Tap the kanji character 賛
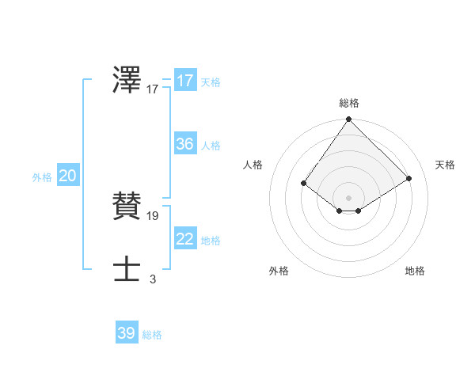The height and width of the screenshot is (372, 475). tap(127, 206)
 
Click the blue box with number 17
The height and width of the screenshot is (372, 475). tap(185, 81)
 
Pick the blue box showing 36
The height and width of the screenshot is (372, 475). tap(185, 144)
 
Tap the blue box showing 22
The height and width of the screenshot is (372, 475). tap(185, 239)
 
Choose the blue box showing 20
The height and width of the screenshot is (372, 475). tap(67, 176)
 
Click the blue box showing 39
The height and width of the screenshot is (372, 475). tap(127, 333)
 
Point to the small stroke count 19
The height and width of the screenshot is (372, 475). tap(153, 215)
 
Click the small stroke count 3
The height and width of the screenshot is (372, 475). tap(153, 279)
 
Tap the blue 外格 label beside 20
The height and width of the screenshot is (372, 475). tap(42, 177)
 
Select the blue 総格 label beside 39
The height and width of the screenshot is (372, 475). tap(152, 335)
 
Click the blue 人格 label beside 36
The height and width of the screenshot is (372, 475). tap(211, 146)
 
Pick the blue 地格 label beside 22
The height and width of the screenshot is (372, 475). tap(211, 241)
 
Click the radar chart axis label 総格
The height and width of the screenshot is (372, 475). tap(349, 103)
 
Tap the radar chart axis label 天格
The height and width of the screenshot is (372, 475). tap(445, 165)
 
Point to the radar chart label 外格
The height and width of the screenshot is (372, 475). tap(279, 271)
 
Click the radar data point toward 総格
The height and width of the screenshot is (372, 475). tap(349, 120)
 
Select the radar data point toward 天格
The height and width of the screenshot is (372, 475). tap(409, 178)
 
